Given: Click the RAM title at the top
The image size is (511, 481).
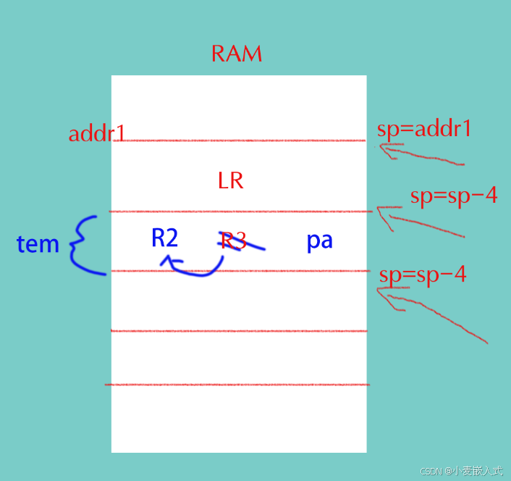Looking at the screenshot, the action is point(236,54).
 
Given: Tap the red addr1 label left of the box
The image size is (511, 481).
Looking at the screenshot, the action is point(97,134).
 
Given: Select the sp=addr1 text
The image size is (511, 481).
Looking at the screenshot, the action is point(423,129).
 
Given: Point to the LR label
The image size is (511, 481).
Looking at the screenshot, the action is point(230,181).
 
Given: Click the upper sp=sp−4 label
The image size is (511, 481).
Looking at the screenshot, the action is point(453,196).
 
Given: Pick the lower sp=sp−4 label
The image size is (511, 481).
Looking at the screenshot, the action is point(423,275).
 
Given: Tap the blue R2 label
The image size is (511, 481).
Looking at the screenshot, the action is point(164,238).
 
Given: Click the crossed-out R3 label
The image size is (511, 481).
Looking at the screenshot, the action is point(234,240).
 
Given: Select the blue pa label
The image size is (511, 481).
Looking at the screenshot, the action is point(319,240).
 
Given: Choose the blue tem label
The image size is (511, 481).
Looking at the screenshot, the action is point(38,244).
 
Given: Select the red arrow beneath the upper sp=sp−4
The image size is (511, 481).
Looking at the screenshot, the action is point(420,221).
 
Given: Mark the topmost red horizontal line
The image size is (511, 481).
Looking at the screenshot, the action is point(239,141).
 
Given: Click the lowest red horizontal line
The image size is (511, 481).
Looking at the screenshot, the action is point(239,385).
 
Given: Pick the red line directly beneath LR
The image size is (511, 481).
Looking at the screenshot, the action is point(239,212).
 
